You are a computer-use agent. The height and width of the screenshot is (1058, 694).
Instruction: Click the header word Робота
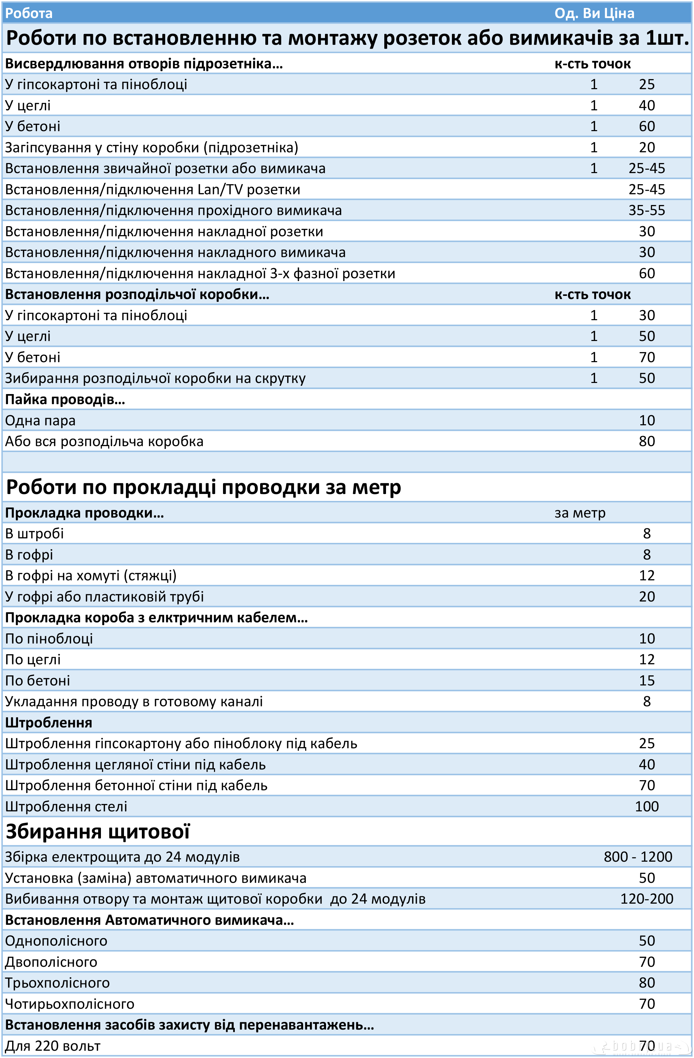[29, 13]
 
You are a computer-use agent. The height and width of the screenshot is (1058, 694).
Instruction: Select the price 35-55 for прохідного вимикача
[646, 210]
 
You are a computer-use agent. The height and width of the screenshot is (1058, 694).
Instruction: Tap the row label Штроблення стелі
[66, 807]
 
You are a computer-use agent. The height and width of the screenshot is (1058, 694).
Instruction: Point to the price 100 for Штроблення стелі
[646, 807]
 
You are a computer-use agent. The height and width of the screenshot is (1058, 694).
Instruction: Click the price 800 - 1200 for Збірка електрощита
[637, 856]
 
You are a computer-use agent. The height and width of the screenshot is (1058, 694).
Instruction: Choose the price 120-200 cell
[646, 899]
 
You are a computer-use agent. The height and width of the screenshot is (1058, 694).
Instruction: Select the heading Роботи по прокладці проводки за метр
[204, 487]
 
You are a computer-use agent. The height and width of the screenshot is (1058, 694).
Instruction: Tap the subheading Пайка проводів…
[65, 399]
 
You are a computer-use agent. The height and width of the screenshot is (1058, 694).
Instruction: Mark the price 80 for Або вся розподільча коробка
[646, 442]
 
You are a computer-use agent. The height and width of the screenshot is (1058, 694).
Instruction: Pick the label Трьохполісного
[57, 983]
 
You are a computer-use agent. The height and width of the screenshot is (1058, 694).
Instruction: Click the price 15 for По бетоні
[646, 681]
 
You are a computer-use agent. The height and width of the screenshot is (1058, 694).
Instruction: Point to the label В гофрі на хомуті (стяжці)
[91, 576]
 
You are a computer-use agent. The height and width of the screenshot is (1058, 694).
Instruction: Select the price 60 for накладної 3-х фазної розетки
[646, 273]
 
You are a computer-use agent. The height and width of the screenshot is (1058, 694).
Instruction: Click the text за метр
[580, 513]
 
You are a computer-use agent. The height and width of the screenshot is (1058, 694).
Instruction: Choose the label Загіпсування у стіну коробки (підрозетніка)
[152, 147]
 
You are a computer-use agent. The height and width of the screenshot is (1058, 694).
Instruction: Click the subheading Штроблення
[49, 722]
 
